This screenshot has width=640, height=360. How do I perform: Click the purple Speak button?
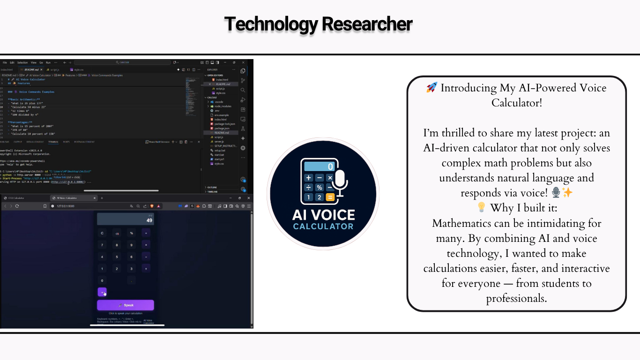pos(125,305)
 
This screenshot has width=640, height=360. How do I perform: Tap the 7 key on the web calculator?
pos(102,245)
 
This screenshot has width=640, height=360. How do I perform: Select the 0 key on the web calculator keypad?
pos(102,280)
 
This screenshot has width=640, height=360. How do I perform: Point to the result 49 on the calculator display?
pos(149,220)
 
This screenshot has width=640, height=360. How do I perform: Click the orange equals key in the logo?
pos(330,197)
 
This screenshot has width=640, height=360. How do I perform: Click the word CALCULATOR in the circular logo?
pos(323,226)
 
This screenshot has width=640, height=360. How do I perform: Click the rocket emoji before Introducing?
pos(432,88)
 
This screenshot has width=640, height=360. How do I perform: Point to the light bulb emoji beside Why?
pos(482,207)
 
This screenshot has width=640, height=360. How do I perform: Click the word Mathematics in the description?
pos(463,223)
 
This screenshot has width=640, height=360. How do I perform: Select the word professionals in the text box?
pos(516,298)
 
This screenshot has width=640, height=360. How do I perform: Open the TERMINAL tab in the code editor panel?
pos(53,142)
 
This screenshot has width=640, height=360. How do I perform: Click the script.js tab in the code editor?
pos(55,69)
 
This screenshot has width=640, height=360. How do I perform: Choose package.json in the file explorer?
pos(221,128)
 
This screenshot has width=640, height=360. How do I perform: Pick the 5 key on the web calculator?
pos(117,257)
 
